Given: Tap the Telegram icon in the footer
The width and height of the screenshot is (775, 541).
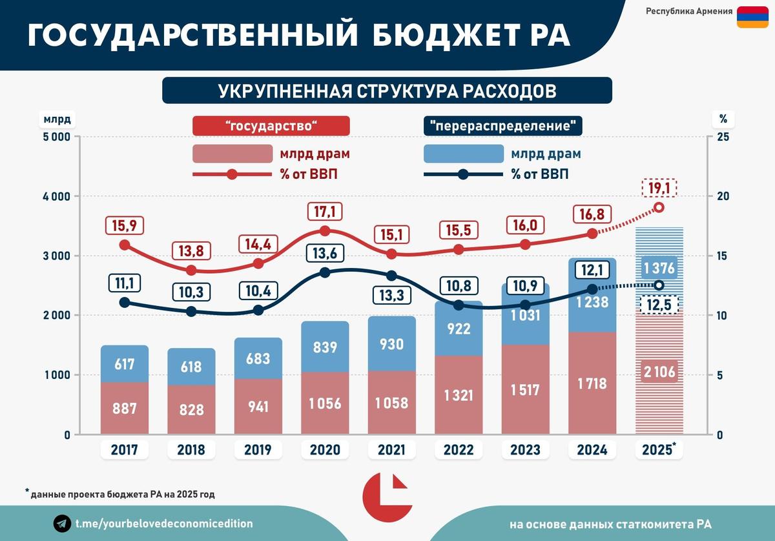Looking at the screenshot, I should [62, 524].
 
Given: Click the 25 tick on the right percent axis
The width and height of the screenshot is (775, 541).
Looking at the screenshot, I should [723, 137].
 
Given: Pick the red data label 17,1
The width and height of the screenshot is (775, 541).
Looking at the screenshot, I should [325, 211].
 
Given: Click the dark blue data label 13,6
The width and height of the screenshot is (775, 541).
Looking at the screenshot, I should [325, 253].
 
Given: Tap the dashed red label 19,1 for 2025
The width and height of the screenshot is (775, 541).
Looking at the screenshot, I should [659, 188].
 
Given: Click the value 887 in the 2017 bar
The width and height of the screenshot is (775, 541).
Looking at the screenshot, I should [124, 409].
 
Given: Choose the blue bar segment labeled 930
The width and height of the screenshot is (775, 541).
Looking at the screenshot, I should [391, 344].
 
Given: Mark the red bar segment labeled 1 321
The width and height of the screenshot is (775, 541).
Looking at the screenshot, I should [458, 395].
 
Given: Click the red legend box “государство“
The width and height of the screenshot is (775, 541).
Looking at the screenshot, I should [271, 126].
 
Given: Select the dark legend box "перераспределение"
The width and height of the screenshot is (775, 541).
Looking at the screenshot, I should [502, 126].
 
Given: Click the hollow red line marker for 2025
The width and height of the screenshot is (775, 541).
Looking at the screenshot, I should [659, 207].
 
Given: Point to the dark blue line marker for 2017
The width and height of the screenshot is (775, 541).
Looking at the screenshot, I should [125, 302].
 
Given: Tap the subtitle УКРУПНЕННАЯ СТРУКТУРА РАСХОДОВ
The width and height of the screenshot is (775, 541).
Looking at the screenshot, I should [387, 90].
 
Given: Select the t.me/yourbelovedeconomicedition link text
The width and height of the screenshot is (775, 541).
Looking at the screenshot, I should [164, 524].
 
